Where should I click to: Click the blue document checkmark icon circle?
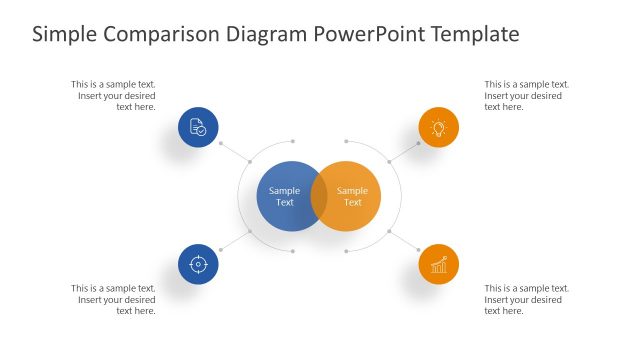pos(198,128)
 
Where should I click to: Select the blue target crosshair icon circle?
pos(198,264)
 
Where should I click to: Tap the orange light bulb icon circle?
pos(438,128)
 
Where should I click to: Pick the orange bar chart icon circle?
pos(438,264)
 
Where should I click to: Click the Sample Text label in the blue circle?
pos(284,196)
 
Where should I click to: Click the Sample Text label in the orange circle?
pos(353,196)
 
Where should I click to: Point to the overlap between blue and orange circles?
pos(319,196)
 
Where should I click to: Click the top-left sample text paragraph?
pos(114,95)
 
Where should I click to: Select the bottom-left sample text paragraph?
pos(114,299)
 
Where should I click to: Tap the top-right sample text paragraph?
pos(526,95)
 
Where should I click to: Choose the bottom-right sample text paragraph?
pos(526,299)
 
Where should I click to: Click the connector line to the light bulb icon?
pos(404,150)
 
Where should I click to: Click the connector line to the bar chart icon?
pos(404,241)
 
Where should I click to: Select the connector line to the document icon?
pos(233,150)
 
